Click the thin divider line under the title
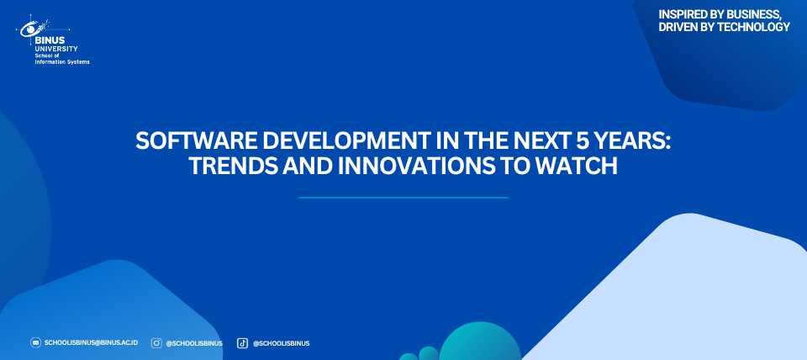pos(403,198)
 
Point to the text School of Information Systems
pos(61,59)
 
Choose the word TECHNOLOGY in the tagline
pos(753,27)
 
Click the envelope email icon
pos(35,342)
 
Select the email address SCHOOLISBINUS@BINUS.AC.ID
pos(91,342)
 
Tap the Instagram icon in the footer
pos(156,343)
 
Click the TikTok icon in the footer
pos(242,343)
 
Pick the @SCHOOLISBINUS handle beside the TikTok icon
pos(281,343)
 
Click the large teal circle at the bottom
pos(480,343)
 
